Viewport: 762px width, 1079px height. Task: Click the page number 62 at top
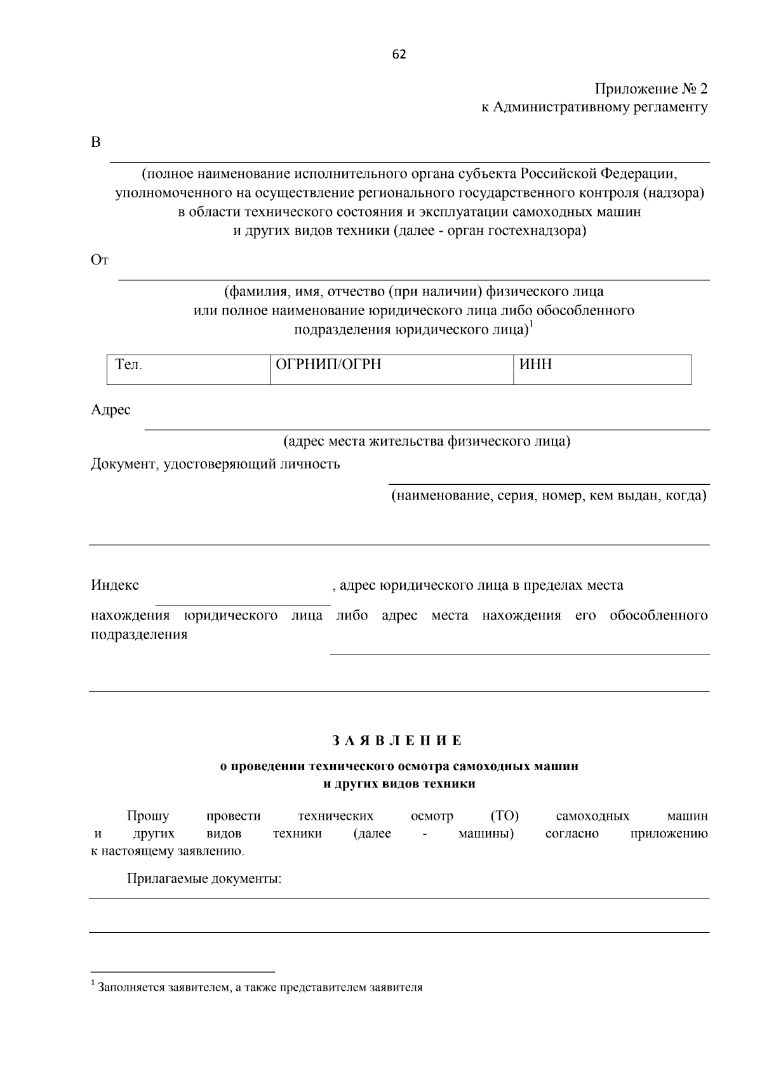click(399, 55)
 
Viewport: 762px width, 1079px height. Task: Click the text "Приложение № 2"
click(650, 89)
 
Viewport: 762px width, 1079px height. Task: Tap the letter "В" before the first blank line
click(95, 142)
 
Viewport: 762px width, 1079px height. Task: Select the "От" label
click(100, 260)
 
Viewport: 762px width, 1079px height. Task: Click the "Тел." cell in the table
click(129, 365)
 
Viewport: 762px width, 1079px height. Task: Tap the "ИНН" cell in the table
click(536, 365)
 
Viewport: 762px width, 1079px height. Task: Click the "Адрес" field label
click(110, 410)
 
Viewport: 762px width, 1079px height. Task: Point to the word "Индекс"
click(114, 585)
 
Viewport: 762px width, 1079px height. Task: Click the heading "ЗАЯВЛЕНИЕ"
click(398, 741)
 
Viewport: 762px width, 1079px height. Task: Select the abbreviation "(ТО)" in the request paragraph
click(505, 816)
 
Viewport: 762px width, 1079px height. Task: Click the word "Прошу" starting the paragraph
click(148, 816)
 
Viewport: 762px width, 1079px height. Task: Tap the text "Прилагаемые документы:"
click(204, 879)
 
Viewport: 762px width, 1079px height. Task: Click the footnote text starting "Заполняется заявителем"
click(260, 987)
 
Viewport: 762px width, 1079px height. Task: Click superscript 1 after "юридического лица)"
click(531, 326)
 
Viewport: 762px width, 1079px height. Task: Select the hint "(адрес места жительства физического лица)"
click(426, 441)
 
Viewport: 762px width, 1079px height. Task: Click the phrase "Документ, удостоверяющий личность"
click(215, 465)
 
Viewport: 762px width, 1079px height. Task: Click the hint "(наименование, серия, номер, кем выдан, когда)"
click(548, 496)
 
